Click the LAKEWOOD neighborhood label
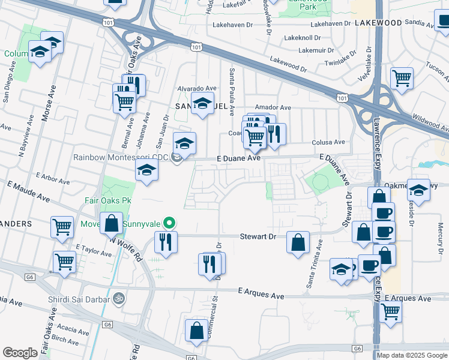(x=378, y=22)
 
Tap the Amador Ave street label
(x=273, y=107)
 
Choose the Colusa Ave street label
(x=328, y=142)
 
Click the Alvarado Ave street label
(x=196, y=88)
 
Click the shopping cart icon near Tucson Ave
(x=402, y=77)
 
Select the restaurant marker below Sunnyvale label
(x=164, y=242)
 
